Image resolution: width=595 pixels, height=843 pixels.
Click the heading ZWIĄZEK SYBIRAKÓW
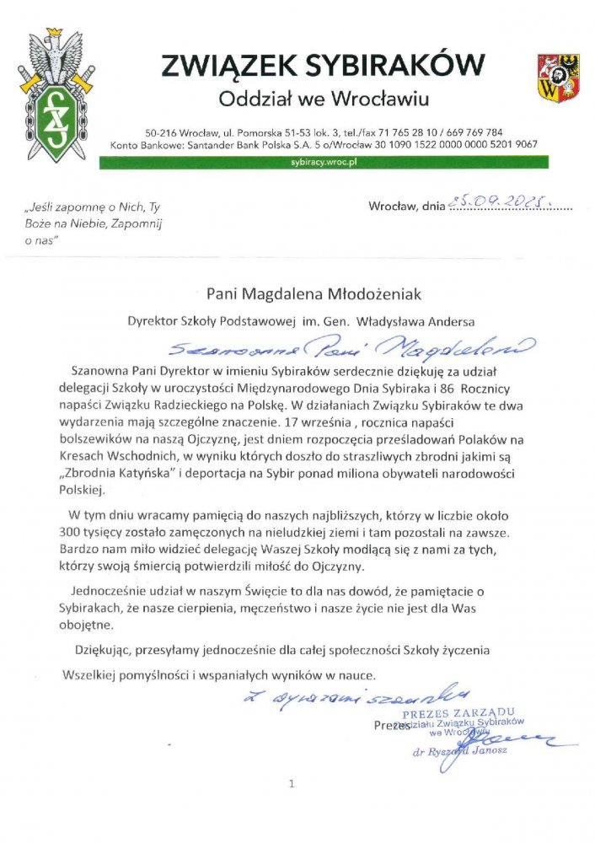coord(324,64)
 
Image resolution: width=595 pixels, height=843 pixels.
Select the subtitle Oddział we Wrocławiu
coord(324,99)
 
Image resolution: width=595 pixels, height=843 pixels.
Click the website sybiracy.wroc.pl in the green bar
coord(324,160)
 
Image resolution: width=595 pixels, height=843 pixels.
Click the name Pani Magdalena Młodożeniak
coord(314,294)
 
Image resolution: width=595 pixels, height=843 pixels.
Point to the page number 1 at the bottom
coord(292,784)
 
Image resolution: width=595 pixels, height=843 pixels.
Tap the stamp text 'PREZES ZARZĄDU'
coord(467,712)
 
